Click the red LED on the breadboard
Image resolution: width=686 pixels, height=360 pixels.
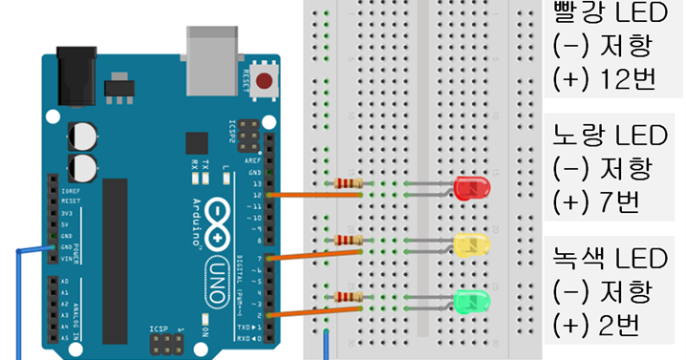pos(471,187)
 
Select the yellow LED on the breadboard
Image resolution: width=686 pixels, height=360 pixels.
pos(471,244)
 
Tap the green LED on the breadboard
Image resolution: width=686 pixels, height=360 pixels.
pos(471,303)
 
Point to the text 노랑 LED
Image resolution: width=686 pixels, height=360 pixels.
pos(604,136)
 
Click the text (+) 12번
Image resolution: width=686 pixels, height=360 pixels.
pos(604,78)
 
